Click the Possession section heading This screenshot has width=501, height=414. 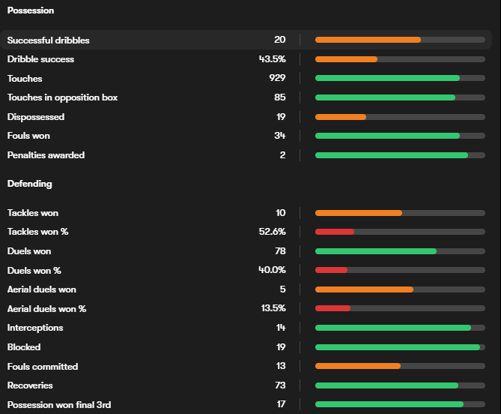click(31, 10)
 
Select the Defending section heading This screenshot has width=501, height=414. click(29, 183)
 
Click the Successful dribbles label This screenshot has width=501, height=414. click(49, 40)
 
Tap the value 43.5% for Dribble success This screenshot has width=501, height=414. click(272, 59)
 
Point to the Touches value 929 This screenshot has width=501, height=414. click(277, 79)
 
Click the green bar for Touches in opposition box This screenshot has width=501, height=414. click(385, 97)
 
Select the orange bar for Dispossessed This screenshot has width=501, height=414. click(341, 117)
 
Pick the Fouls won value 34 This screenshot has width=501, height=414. click(279, 136)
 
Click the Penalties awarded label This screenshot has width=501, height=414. click(46, 155)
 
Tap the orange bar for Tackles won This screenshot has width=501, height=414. click(359, 213)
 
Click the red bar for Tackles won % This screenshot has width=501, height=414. click(335, 232)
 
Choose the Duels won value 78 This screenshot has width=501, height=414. click(279, 251)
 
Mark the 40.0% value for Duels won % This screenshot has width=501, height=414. click(272, 270)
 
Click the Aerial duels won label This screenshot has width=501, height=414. click(42, 289)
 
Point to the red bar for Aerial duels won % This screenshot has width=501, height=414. click(333, 308)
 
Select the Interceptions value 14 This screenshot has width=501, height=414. click(280, 328)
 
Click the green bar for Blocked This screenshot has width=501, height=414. click(398, 347)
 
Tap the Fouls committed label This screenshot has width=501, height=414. click(43, 367)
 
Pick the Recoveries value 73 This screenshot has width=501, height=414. click(279, 385)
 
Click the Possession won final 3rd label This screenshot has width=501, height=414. click(59, 405)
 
